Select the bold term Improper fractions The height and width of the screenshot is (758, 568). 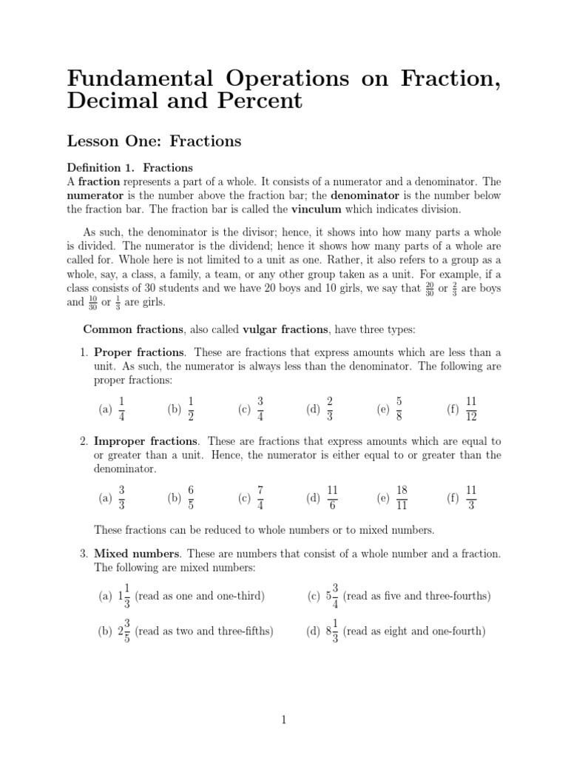(145, 441)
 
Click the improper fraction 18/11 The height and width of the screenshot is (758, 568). (402, 498)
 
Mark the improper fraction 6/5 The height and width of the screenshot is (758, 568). (190, 498)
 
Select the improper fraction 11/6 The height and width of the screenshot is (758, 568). (332, 498)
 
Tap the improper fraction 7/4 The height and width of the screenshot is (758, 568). (260, 498)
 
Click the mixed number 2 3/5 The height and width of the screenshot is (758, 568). (124, 631)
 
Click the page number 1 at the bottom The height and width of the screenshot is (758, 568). (284, 720)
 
